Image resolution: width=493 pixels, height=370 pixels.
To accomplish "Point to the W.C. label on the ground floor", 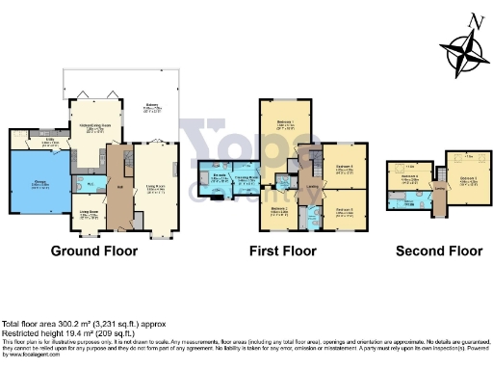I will click(90, 182).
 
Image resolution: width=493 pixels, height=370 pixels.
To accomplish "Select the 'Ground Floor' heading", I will click(93, 251).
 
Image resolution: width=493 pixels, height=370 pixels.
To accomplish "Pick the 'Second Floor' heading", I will click(437, 251).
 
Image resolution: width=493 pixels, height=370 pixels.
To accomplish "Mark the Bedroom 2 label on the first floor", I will click(280, 208).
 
